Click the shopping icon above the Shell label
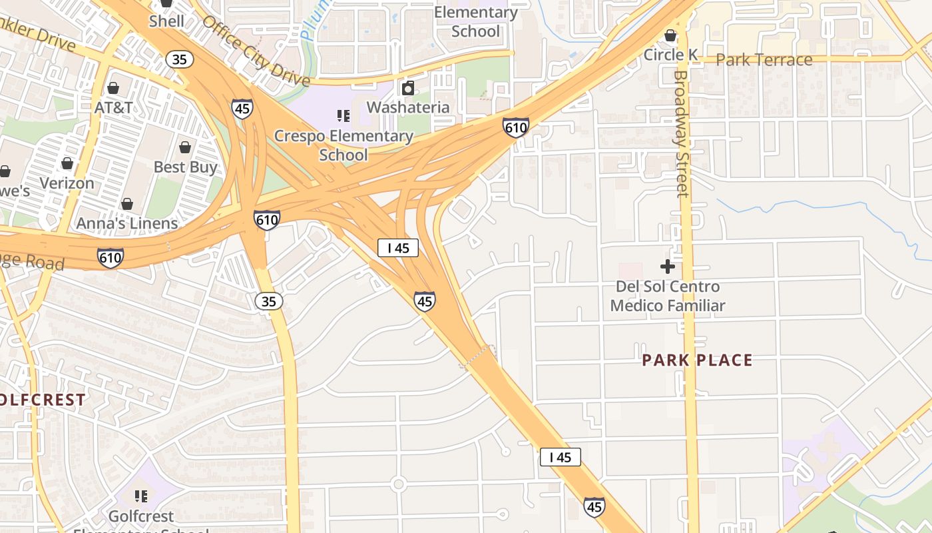tap(166, 3)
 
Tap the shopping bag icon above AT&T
tap(113, 88)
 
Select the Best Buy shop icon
tap(185, 147)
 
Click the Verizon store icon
tap(67, 163)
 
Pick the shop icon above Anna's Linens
tap(127, 204)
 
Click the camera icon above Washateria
tap(408, 88)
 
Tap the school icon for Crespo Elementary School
tap(344, 117)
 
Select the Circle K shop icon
tap(670, 35)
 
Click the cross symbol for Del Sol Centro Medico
tap(668, 267)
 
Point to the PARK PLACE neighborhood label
tap(697, 360)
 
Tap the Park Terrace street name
tap(764, 60)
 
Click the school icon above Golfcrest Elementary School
tap(141, 496)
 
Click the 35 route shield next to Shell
tap(180, 59)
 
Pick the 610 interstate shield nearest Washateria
tap(516, 127)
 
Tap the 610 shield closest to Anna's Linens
tap(266, 219)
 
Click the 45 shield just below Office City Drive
tap(242, 109)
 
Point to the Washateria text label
tap(407, 107)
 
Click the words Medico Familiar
tap(667, 306)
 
